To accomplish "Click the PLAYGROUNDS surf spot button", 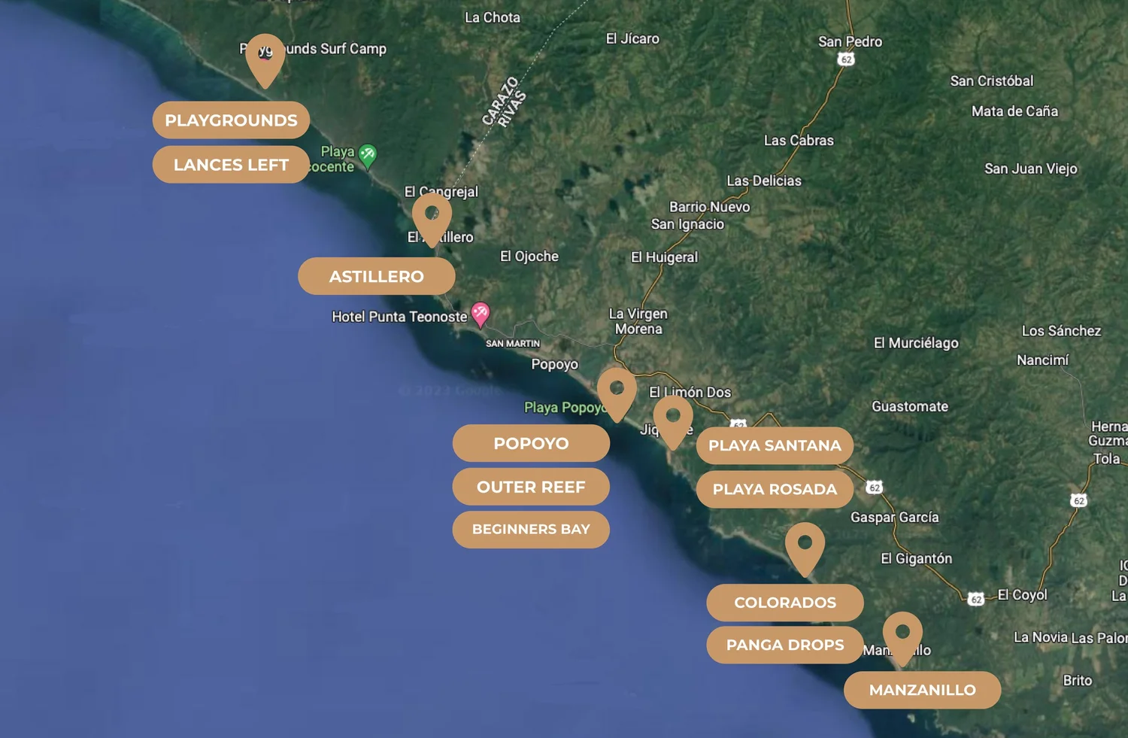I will click(231, 120).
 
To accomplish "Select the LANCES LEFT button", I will click(231, 165).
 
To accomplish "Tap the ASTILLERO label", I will click(376, 277).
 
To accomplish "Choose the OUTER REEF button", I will click(530, 487).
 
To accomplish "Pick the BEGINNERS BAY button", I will click(530, 530).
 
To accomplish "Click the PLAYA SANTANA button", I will click(775, 446).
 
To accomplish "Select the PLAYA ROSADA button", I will click(775, 490).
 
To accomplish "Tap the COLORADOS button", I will click(785, 603).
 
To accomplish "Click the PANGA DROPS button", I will click(785, 645).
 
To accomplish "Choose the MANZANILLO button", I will click(922, 690).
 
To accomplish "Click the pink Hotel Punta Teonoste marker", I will click(480, 313).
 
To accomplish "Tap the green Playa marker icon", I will click(367, 155).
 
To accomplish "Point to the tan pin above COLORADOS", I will click(805, 546).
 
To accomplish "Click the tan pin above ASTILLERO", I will click(432, 217).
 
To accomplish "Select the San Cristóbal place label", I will click(991, 81).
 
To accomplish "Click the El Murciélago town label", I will click(916, 343).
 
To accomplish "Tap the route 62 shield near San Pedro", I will click(846, 59).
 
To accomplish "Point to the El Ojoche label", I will click(529, 257).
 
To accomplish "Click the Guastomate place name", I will click(910, 407).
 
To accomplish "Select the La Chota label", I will click(492, 17).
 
